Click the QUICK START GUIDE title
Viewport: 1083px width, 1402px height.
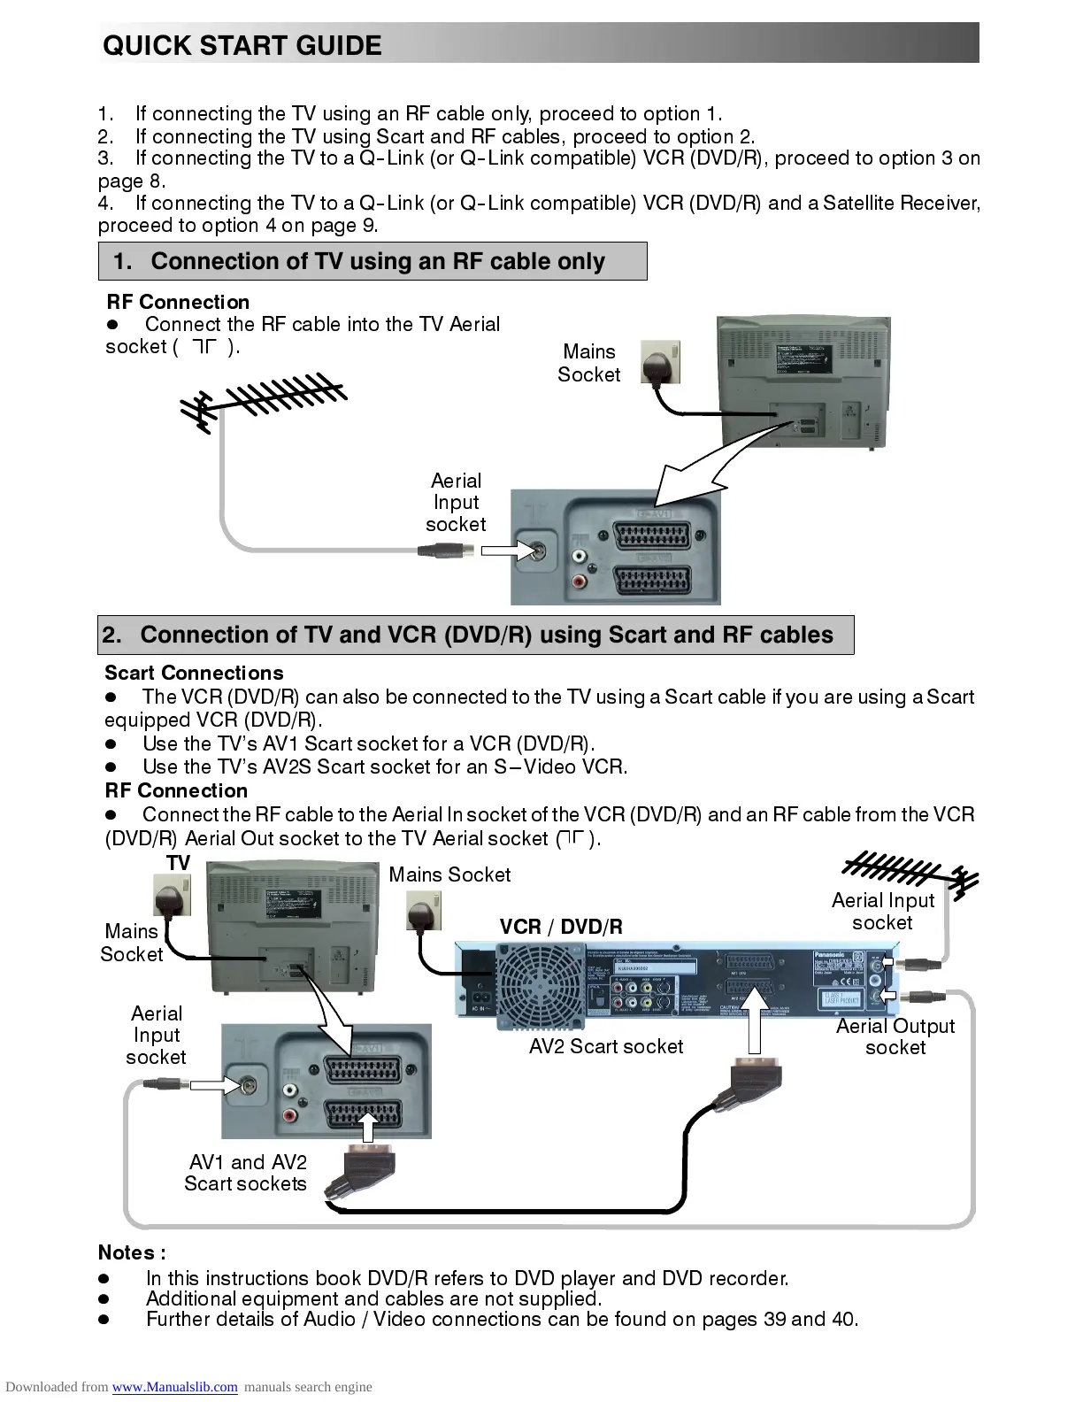click(x=242, y=45)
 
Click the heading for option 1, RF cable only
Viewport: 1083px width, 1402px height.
click(x=373, y=261)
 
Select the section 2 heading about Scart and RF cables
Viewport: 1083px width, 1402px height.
click(x=476, y=636)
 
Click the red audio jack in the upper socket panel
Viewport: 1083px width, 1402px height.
click(x=580, y=582)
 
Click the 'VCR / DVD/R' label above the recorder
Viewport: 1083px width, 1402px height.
click(x=561, y=927)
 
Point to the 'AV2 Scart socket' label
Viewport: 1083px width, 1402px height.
click(x=606, y=1046)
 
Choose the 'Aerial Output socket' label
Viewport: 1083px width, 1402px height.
click(x=895, y=1036)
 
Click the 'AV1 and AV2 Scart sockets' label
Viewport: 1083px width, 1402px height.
click(x=246, y=1173)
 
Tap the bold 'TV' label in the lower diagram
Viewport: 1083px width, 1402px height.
click(x=179, y=863)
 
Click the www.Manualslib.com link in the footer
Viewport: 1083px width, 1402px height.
click(x=174, y=1387)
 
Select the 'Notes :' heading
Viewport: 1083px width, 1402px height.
click(x=132, y=1252)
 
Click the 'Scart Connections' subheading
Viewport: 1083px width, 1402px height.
click(x=194, y=673)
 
